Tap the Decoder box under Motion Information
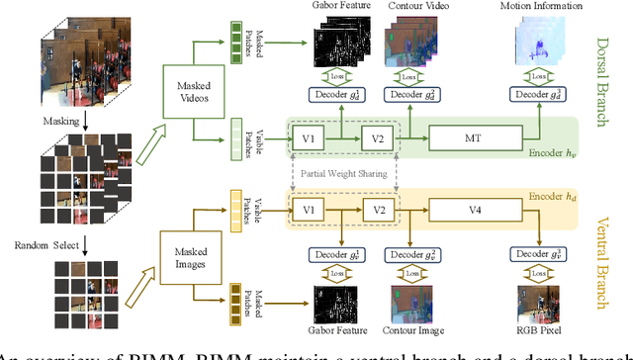point(540,94)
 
